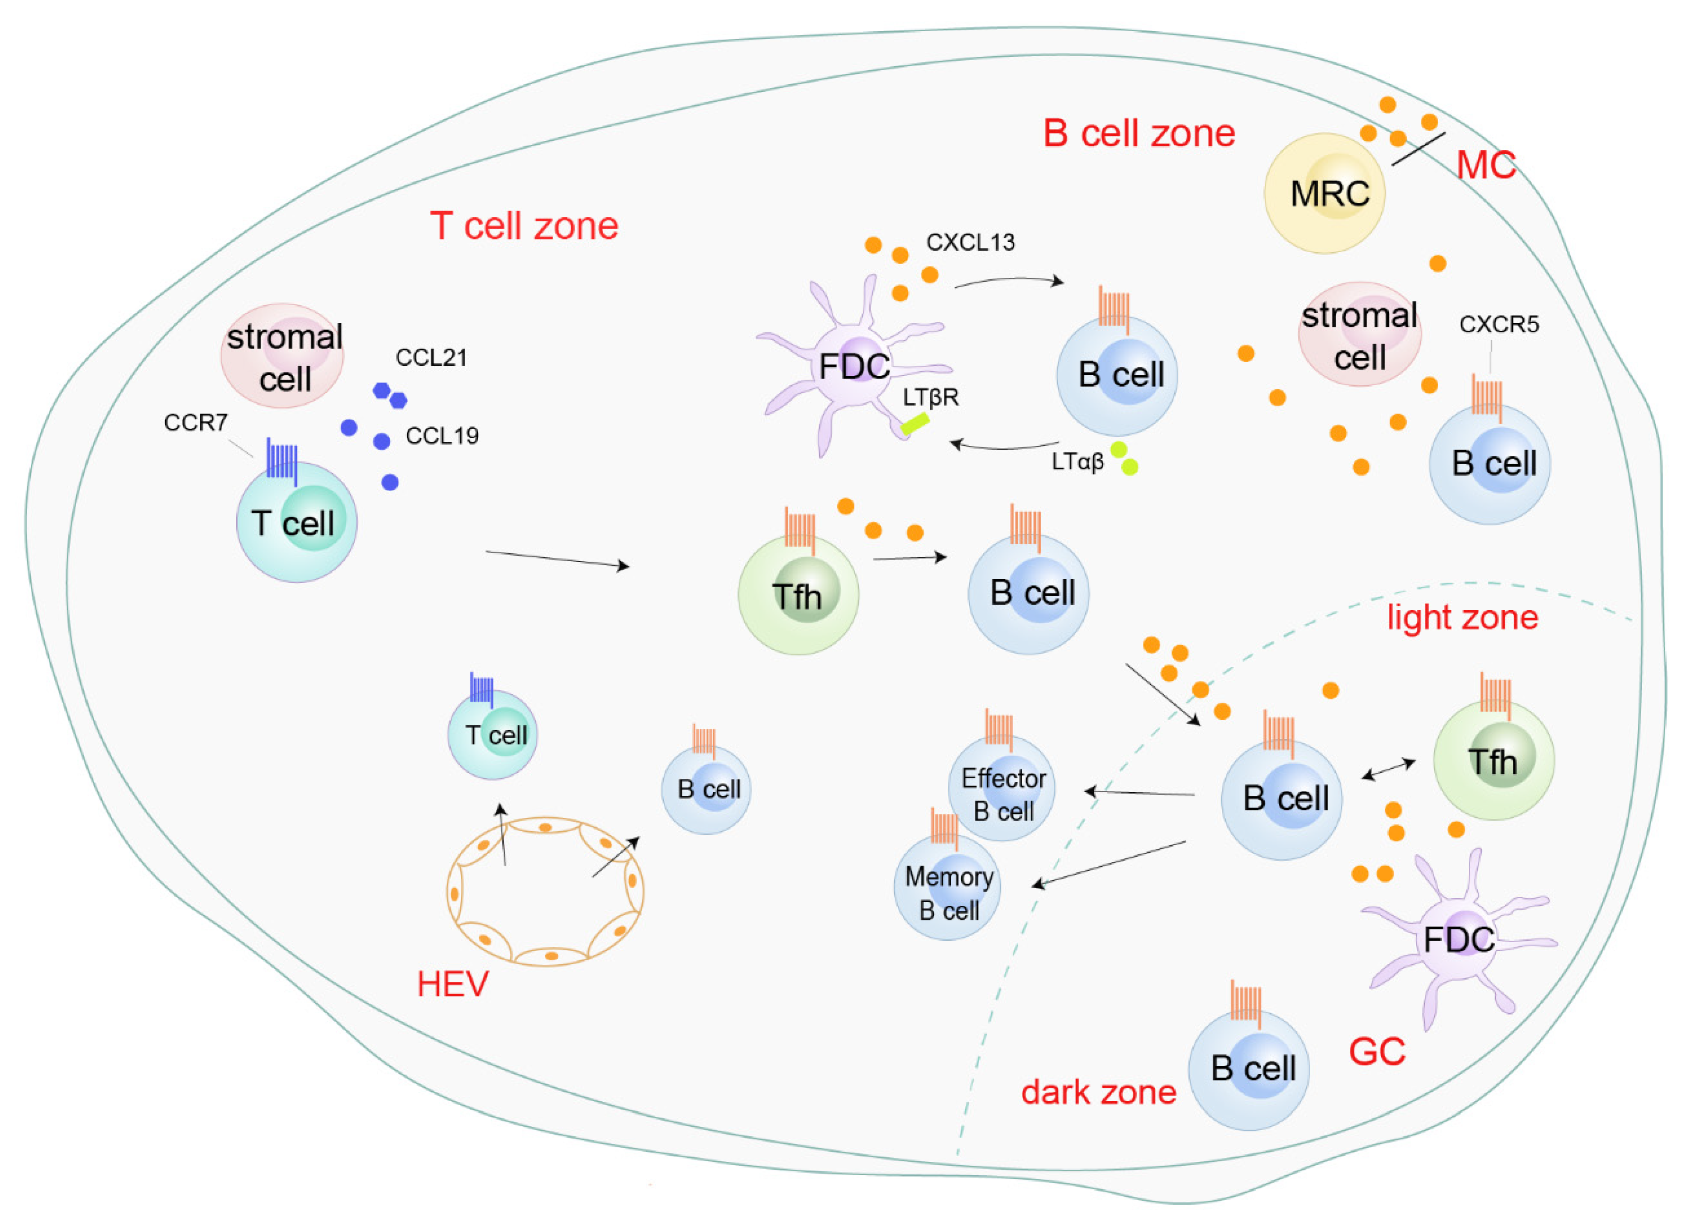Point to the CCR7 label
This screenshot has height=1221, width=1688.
195,423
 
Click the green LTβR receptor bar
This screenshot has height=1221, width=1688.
915,424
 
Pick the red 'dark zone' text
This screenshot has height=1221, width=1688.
1098,1092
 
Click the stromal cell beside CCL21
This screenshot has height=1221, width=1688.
282,356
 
